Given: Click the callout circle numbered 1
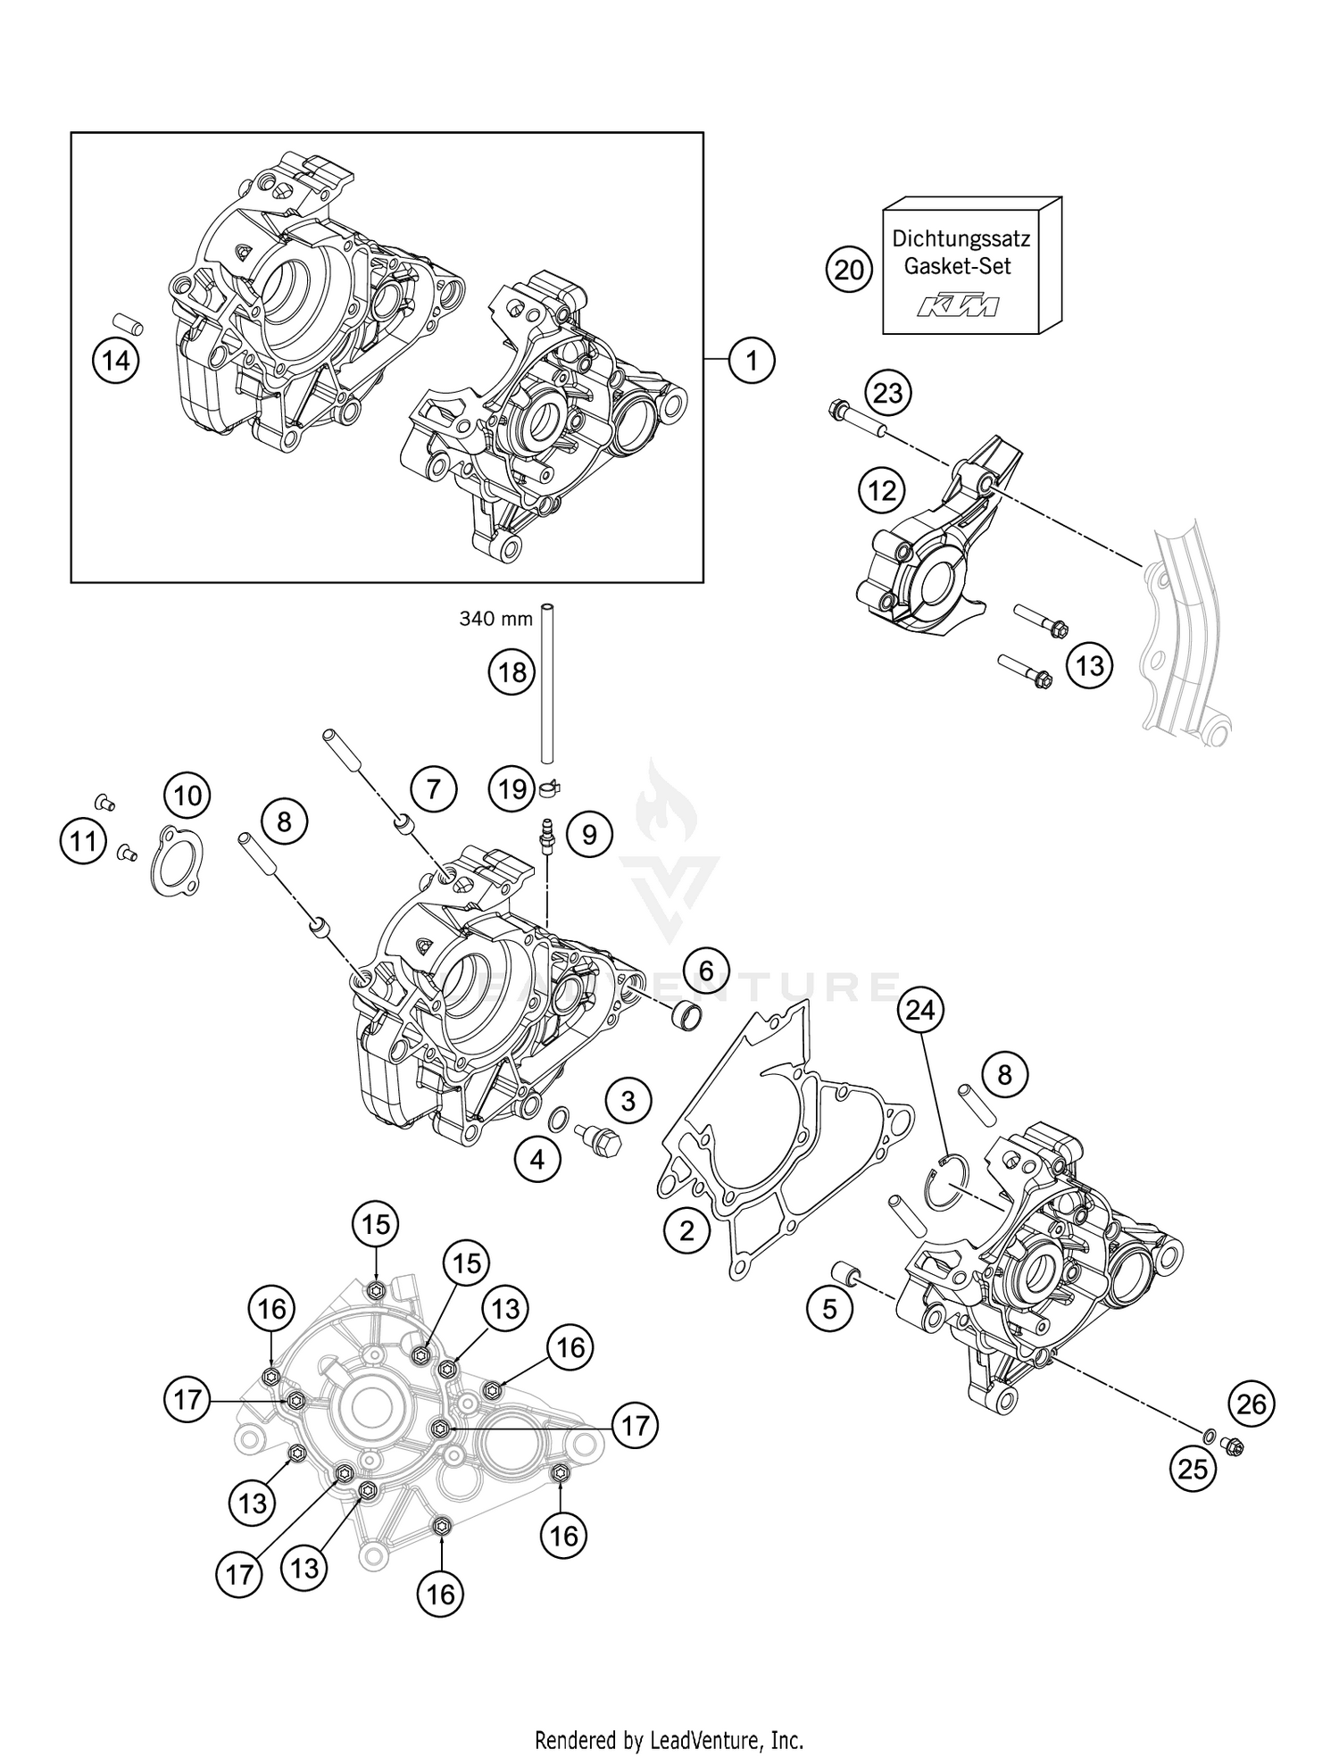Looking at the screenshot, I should [x=751, y=361].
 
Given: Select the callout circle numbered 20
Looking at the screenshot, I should [x=849, y=267].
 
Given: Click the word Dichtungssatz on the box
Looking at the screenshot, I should [x=961, y=239].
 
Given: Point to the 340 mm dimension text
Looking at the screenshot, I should [x=495, y=618].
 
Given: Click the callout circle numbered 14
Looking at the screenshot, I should [x=116, y=361].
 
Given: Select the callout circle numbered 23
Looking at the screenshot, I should [x=887, y=393].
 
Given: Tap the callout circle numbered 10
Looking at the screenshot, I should [x=187, y=795].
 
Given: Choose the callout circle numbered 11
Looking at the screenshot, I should [x=84, y=842].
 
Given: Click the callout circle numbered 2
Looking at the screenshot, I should [x=686, y=1231].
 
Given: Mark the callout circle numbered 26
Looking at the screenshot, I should [x=1252, y=1404].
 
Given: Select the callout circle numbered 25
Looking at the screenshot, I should [x=1193, y=1469].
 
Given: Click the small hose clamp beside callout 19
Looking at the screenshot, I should [x=551, y=787].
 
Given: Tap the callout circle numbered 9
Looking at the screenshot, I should [x=588, y=834].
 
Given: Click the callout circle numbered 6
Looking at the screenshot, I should [x=706, y=970].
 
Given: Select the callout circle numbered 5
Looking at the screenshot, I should [x=830, y=1310].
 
